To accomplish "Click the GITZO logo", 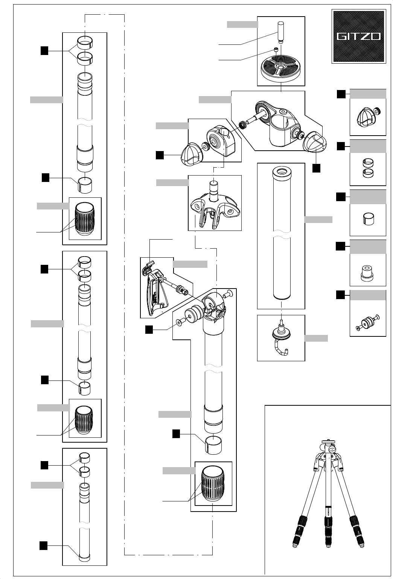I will tap(358, 36).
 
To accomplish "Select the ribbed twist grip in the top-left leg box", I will tap(85, 219).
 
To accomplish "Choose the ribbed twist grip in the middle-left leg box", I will tap(85, 420).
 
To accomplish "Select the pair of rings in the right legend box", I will tap(367, 168).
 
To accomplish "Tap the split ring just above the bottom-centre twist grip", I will tap(213, 444).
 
